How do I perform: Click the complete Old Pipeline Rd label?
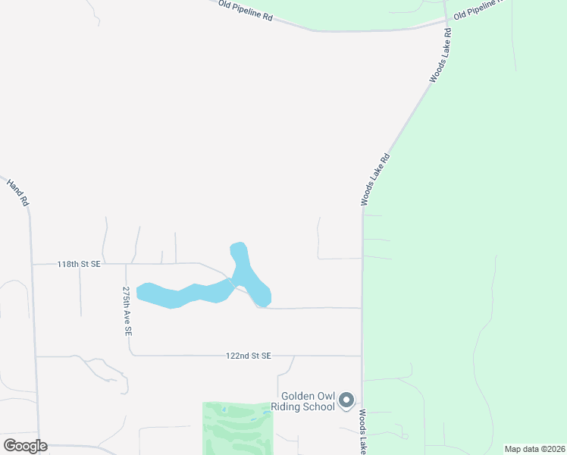(x=245, y=10)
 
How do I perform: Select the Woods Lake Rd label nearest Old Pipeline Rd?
(x=440, y=55)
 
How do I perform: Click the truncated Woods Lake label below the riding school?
(x=364, y=432)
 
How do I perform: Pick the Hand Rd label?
(x=17, y=192)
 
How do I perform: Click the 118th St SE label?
(x=79, y=264)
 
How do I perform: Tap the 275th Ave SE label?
(x=127, y=311)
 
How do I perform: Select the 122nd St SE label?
(x=248, y=355)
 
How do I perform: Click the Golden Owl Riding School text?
(x=308, y=401)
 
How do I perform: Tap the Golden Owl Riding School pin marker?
(x=346, y=400)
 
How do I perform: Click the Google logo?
(x=25, y=446)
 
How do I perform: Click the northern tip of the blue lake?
(x=239, y=246)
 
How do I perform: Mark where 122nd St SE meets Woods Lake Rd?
(x=362, y=356)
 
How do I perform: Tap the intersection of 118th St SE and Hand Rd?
(x=32, y=264)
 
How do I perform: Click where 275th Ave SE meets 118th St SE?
(x=126, y=264)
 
